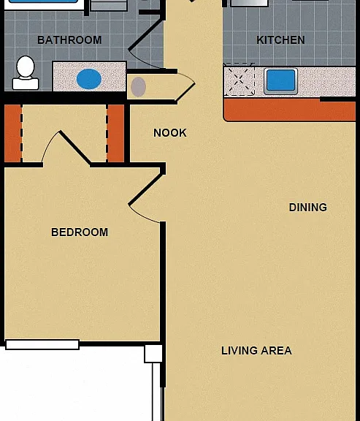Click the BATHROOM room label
coord(69,40)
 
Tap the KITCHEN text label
coord(280,40)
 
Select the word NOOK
coord(170,132)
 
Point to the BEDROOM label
coord(80,232)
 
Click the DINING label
coord(308,208)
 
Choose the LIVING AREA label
coord(256,350)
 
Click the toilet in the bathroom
coord(26,72)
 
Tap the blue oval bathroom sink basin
coord(89,79)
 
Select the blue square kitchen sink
coord(281,80)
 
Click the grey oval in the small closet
coord(139,87)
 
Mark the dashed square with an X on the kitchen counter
coord(239,80)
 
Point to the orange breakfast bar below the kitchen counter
coord(290,110)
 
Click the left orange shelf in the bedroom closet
coord(12,134)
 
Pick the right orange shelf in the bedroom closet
coord(116,134)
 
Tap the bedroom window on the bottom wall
coord(42,344)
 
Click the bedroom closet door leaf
coord(74,148)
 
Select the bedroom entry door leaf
coord(145,189)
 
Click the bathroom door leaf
coord(145,34)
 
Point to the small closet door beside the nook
coord(185,93)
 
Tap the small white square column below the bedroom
coord(153,354)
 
